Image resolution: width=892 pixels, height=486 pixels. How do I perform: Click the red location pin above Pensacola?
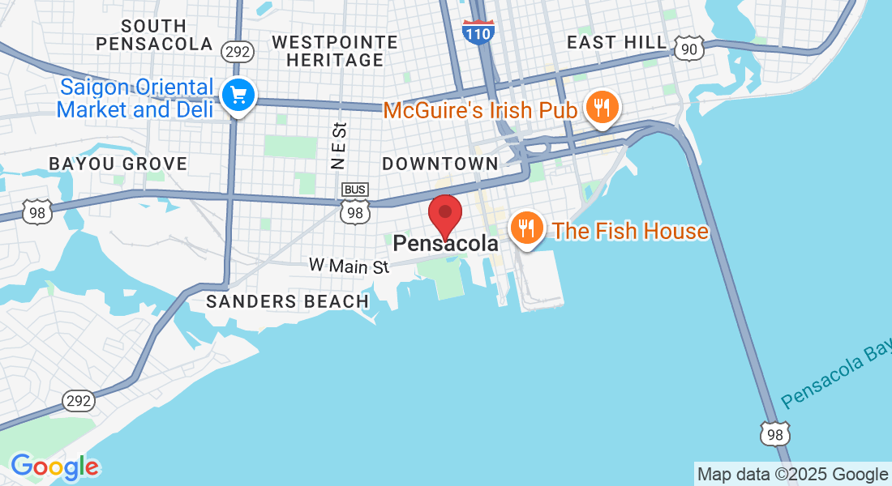[444, 215]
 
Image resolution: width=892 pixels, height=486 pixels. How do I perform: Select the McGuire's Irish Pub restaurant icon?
[601, 107]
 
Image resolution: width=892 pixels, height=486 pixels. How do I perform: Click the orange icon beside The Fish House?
[527, 229]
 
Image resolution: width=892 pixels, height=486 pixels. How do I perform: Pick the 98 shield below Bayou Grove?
[37, 211]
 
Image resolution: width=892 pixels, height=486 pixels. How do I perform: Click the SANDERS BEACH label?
[287, 301]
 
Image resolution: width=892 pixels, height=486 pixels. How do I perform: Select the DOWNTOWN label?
[440, 164]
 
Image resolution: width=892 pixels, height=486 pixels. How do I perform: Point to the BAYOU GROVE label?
[118, 164]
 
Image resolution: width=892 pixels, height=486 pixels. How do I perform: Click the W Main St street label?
[349, 265]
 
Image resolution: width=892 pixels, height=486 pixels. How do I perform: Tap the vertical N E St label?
[339, 146]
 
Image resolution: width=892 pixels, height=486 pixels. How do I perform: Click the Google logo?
[54, 467]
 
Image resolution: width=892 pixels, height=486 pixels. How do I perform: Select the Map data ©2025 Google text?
[792, 475]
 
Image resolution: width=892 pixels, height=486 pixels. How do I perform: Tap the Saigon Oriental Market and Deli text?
[135, 98]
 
